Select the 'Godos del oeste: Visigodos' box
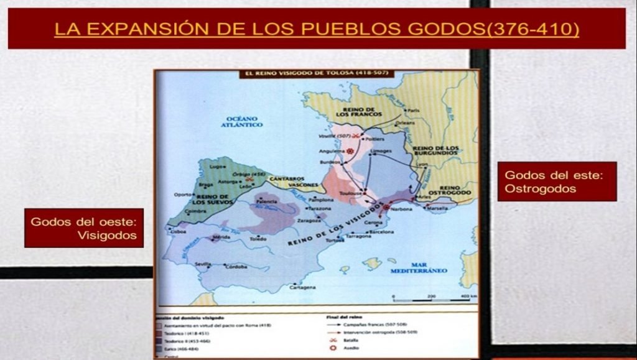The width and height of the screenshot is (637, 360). click(x=84, y=228)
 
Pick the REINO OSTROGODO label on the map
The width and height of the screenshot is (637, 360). click(x=455, y=190)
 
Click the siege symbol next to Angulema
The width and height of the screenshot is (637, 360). click(x=351, y=152)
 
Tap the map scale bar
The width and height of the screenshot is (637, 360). click(x=429, y=300)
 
